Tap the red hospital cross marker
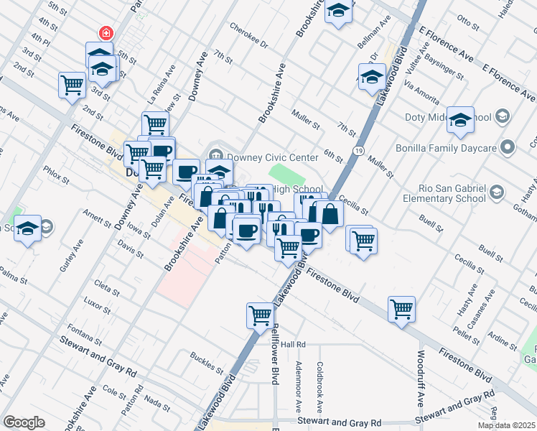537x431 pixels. pyautogui.click(x=106, y=33)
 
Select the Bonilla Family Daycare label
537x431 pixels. pyautogui.click(x=447, y=148)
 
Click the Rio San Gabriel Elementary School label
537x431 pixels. pyautogui.click(x=443, y=192)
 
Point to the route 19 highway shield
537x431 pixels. pyautogui.click(x=357, y=149)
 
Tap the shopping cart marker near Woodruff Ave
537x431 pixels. pyautogui.click(x=401, y=309)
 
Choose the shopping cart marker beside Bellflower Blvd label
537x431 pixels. pyautogui.click(x=259, y=315)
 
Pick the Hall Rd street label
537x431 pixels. pyautogui.click(x=293, y=344)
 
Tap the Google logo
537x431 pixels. pyautogui.click(x=24, y=422)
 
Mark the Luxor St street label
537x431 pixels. pyautogui.click(x=95, y=305)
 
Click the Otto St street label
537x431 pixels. pyautogui.click(x=468, y=24)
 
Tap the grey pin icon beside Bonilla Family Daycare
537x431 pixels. pyautogui.click(x=508, y=148)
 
